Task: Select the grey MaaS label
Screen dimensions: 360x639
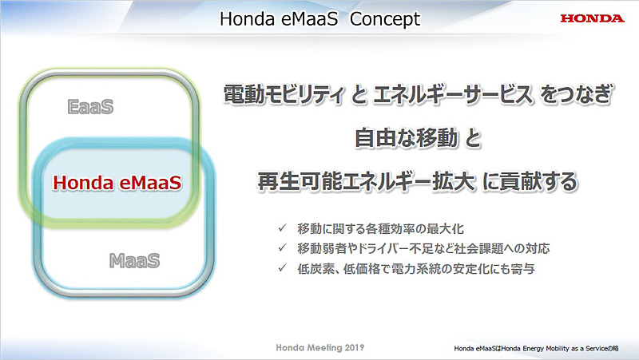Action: (133, 260)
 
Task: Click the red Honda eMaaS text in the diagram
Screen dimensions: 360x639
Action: (117, 183)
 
